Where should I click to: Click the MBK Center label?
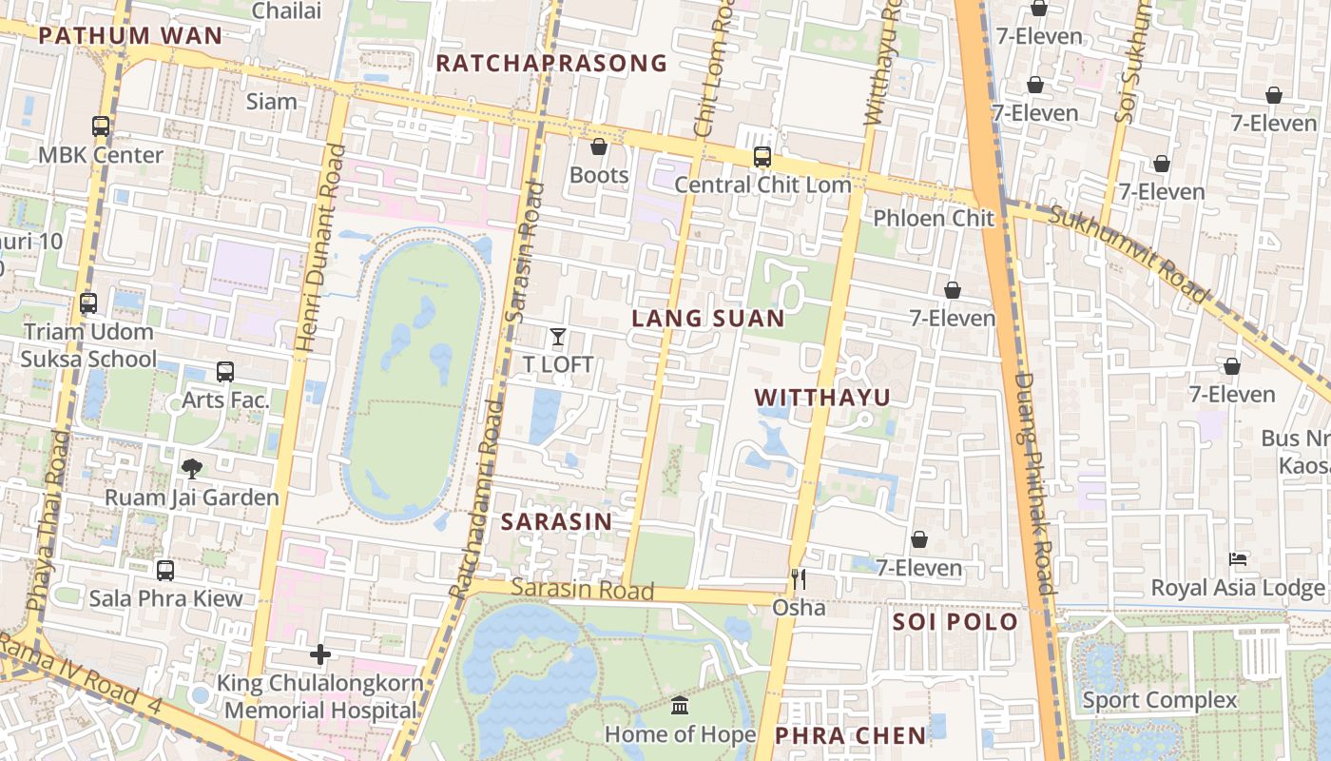pos(101,155)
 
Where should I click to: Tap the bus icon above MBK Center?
pos(100,126)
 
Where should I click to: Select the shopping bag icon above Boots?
pos(599,146)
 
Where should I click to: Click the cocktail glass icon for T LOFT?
pos(558,336)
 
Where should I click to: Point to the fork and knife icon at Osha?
pos(799,578)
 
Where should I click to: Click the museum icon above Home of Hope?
pos(680,706)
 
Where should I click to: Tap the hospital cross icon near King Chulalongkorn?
pos(320,654)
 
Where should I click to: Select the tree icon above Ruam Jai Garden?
pos(192,468)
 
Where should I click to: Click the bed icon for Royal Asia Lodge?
pos(1238,559)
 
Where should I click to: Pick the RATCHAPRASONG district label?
pos(551,64)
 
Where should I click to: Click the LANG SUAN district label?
pos(708,319)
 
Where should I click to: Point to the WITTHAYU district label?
pos(822,398)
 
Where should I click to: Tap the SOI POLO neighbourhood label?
pos(955,623)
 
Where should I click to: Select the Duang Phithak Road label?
pos(1034,483)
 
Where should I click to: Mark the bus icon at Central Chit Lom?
pos(762,157)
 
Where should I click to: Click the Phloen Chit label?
pos(934,218)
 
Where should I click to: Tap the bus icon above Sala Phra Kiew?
pos(165,571)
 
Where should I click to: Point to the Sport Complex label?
pos(1160,701)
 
